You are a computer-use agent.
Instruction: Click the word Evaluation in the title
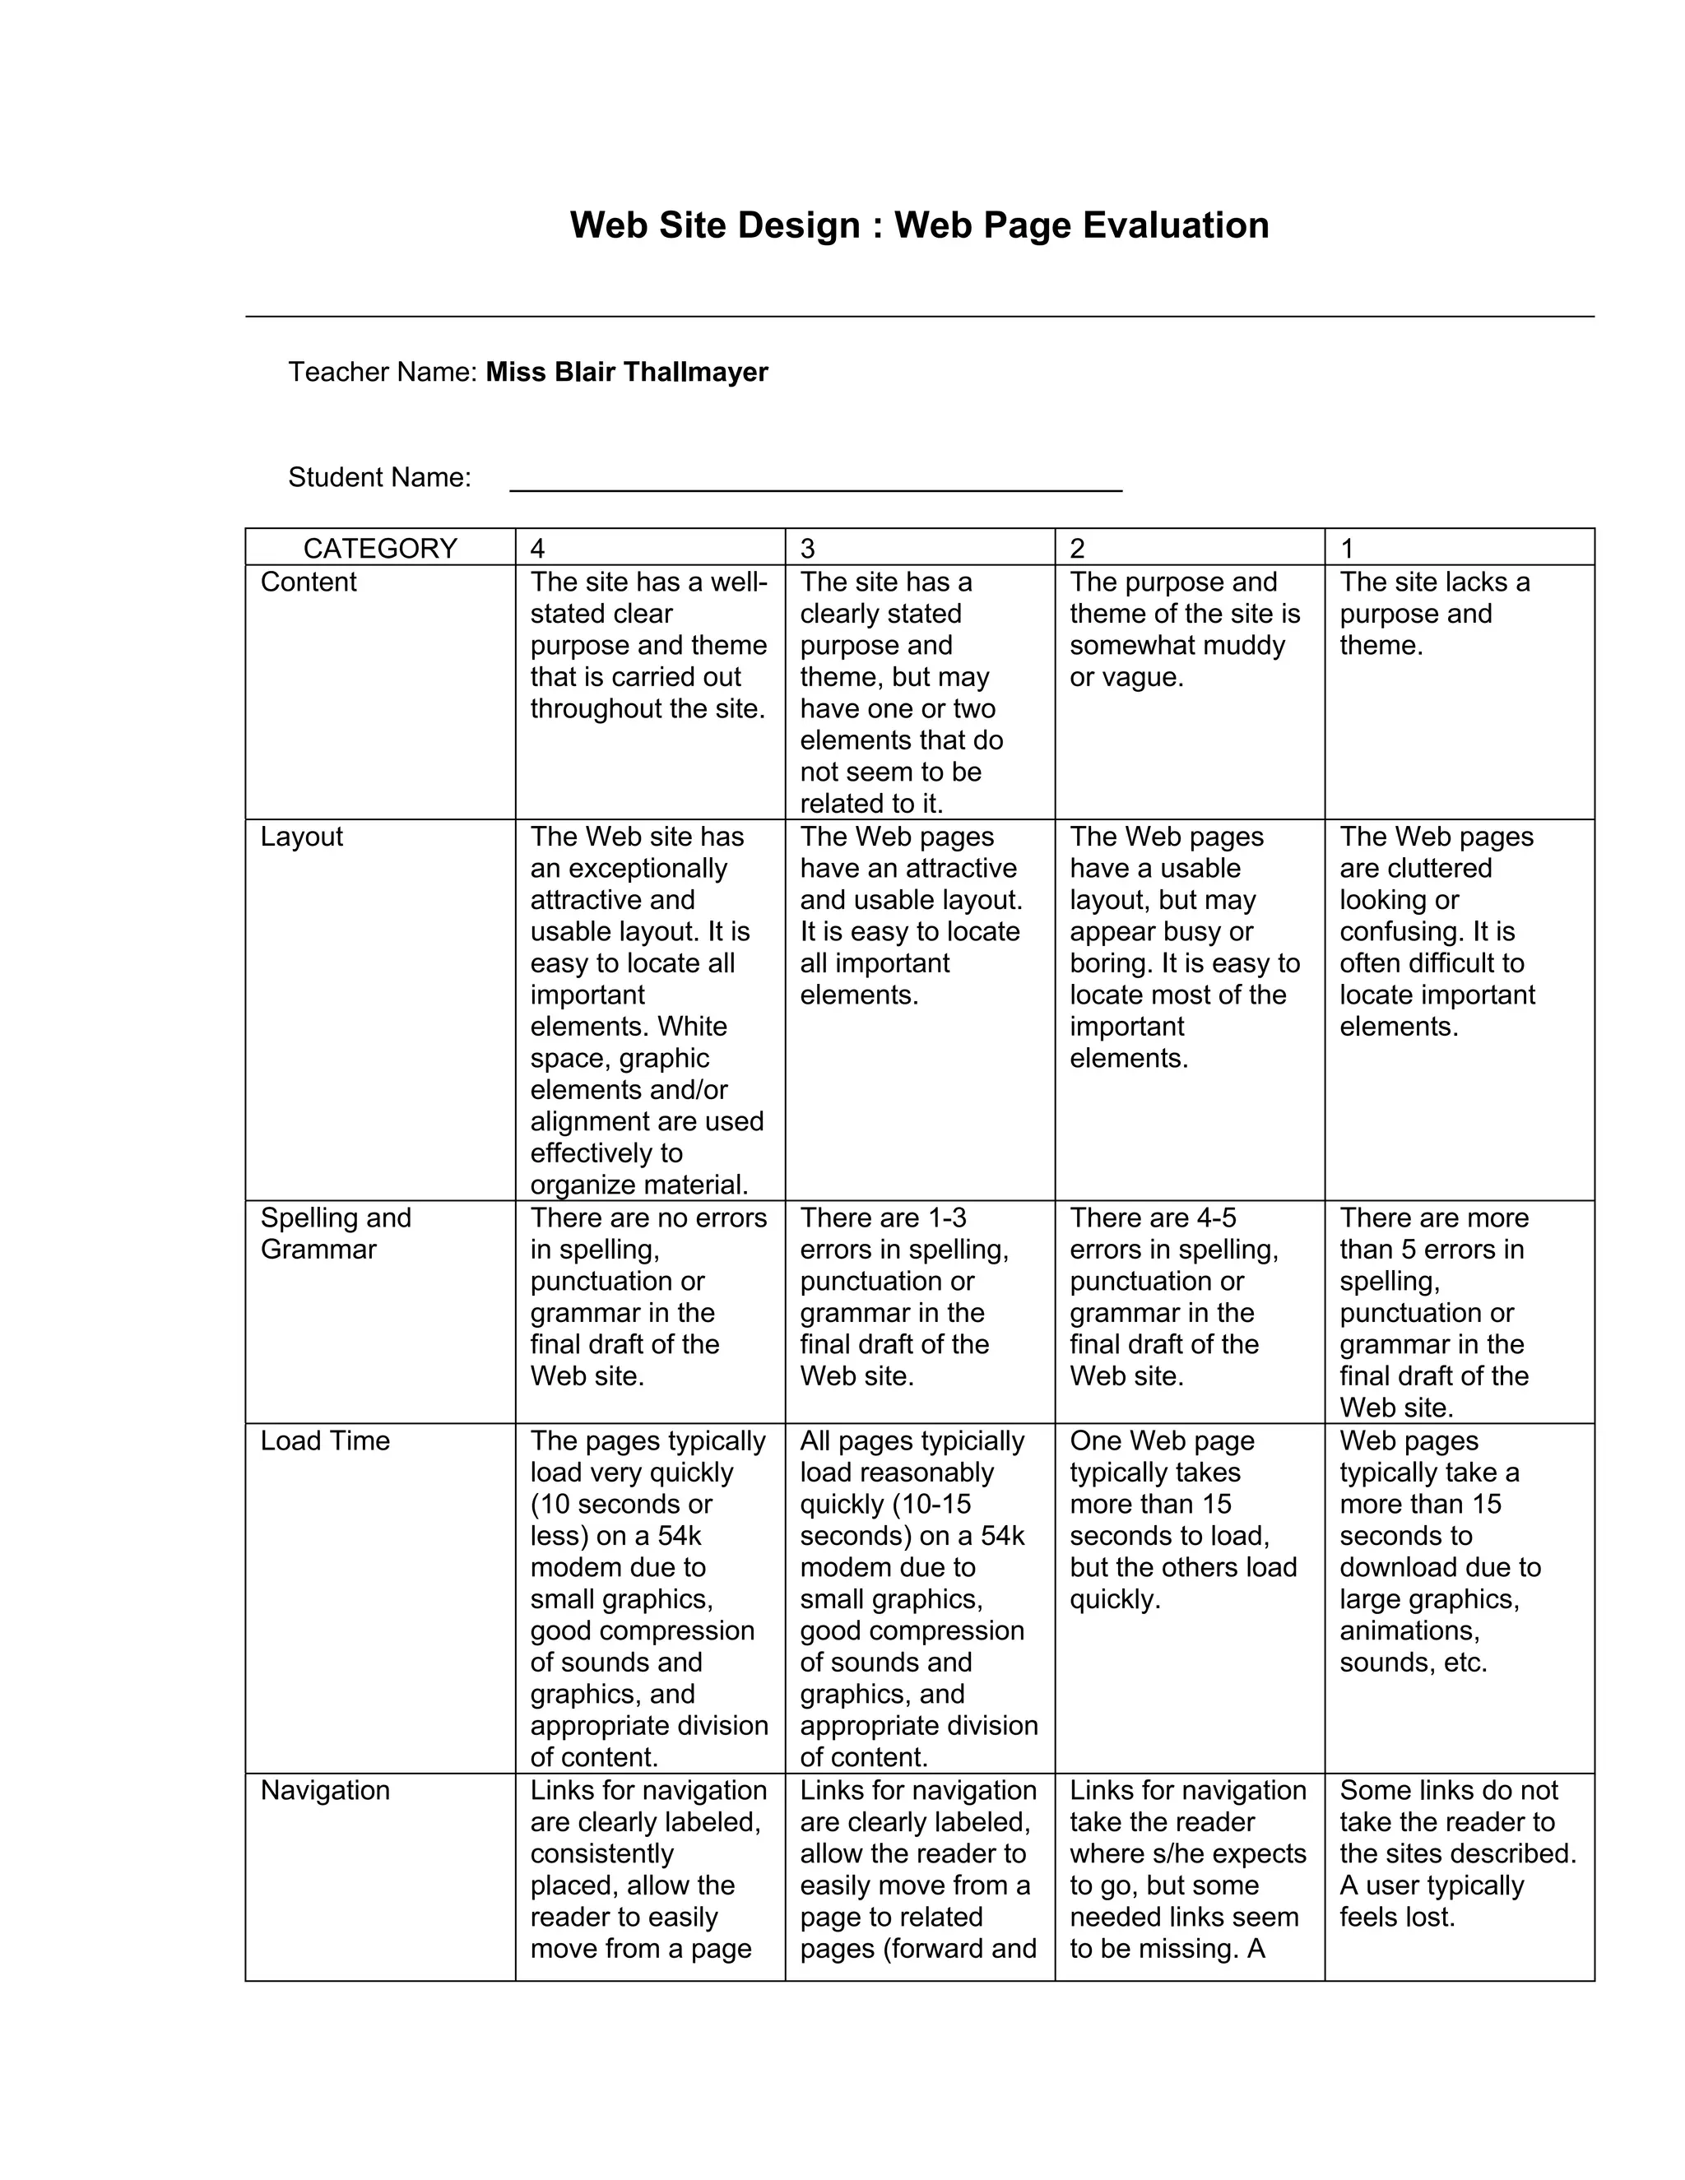[x=1175, y=225]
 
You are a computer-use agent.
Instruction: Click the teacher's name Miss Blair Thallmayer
[x=627, y=373]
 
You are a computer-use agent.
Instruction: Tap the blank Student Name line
[x=815, y=479]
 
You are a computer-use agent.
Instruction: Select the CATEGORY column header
[x=379, y=548]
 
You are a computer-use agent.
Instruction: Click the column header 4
[x=538, y=548]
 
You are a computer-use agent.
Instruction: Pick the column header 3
[x=808, y=548]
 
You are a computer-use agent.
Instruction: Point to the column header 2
[x=1077, y=548]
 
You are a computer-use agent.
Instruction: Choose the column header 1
[x=1347, y=548]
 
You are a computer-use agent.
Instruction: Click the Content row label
[x=308, y=582]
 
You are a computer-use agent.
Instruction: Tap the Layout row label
[x=300, y=837]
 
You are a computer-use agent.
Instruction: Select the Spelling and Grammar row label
[x=336, y=1233]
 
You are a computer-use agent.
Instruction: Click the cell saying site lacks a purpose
[x=1433, y=613]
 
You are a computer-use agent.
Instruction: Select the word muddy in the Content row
[x=1248, y=645]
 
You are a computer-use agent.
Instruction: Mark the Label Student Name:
[x=379, y=477]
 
